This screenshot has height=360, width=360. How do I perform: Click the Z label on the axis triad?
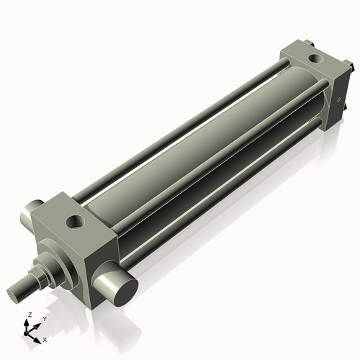click(29, 315)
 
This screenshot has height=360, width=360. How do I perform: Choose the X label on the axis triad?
click(45, 338)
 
